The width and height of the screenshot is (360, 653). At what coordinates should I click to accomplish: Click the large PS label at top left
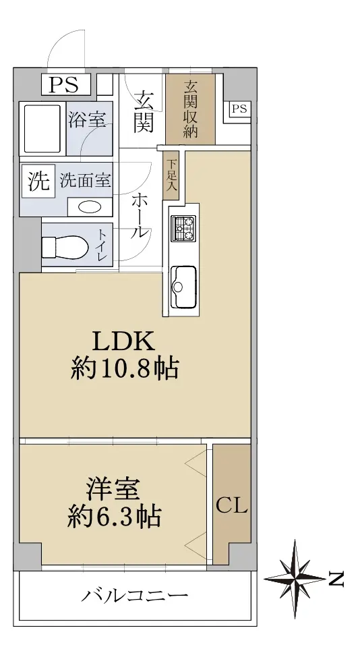[x=64, y=85]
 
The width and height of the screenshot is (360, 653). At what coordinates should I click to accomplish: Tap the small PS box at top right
[x=239, y=109]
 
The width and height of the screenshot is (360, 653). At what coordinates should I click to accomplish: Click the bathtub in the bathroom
[x=43, y=129]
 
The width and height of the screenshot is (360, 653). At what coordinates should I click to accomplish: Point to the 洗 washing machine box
[x=38, y=182]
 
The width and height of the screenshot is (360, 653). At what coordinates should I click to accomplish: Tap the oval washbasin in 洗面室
[x=90, y=207]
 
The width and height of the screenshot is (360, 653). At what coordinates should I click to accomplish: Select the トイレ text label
[x=102, y=245]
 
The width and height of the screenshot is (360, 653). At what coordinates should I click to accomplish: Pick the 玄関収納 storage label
[x=191, y=109]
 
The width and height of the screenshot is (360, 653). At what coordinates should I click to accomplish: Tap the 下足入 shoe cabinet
[x=171, y=175]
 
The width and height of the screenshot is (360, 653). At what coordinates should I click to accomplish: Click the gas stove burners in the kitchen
[x=183, y=228]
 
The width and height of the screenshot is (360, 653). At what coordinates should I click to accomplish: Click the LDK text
[x=123, y=341]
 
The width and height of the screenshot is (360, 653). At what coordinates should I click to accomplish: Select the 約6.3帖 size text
[x=115, y=517]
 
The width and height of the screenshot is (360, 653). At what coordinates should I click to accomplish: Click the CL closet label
[x=231, y=507]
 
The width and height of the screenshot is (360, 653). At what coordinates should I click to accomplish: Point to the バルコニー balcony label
[x=134, y=596]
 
